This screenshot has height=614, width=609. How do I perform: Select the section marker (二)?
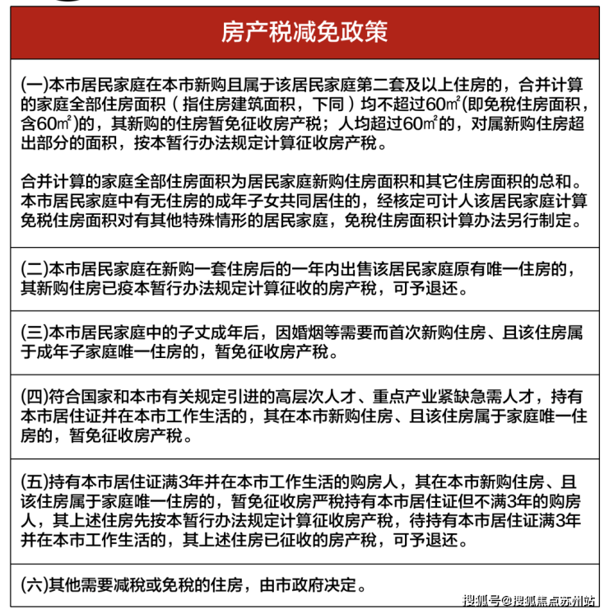[35, 271]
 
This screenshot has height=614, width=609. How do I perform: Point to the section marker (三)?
[35, 333]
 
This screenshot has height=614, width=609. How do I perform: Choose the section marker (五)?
[35, 480]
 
